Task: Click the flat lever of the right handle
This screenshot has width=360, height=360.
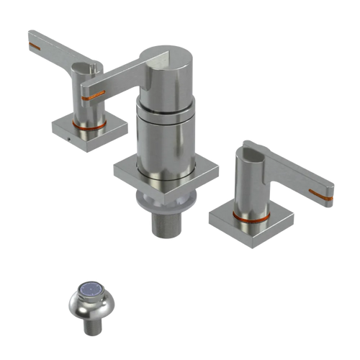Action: pyautogui.click(x=295, y=176)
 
